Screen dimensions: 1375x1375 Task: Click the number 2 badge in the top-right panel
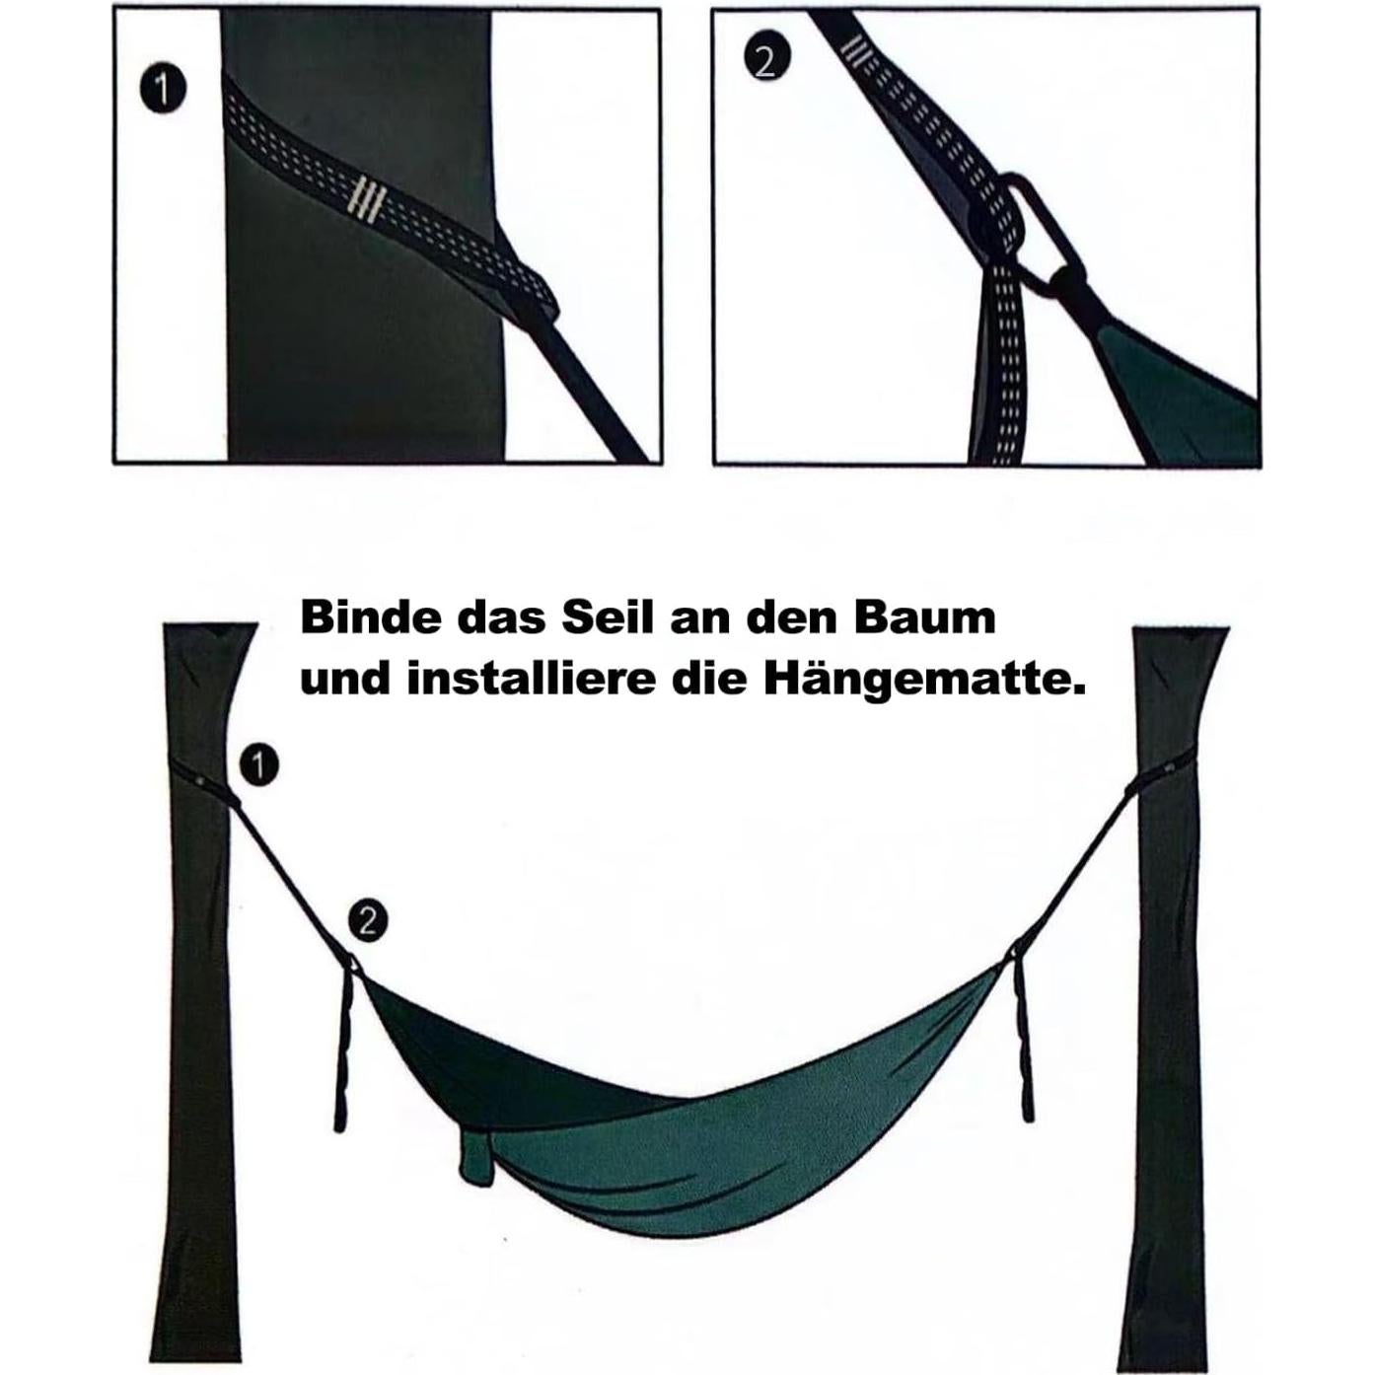[x=765, y=62]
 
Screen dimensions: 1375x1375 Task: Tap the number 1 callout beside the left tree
[x=259, y=765]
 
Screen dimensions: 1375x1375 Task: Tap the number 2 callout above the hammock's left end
[x=367, y=921]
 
